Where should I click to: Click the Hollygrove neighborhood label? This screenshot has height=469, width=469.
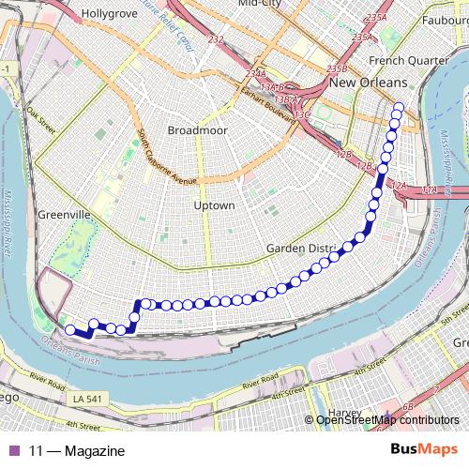coord(109,15)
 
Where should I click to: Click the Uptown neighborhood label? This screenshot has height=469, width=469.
coord(213,204)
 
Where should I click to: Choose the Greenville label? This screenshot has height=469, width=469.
coord(64,215)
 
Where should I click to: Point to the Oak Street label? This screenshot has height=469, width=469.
coord(42,117)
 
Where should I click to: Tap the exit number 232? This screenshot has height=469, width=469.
coord(217,39)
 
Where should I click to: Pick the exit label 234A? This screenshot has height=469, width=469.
coord(255,72)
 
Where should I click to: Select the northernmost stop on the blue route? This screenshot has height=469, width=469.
coord(398,107)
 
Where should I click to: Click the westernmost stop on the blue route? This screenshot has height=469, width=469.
coord(69,329)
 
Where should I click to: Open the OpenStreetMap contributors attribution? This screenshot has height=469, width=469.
coord(387,421)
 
